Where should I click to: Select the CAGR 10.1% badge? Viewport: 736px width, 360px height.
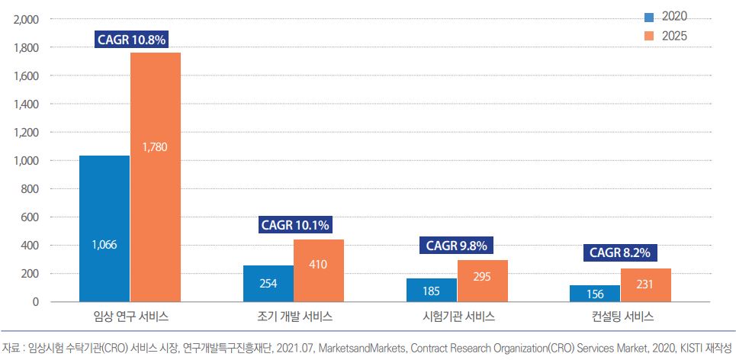(295, 225)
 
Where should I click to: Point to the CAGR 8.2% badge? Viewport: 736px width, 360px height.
(621, 253)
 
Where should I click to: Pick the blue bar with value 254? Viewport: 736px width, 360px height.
(268, 284)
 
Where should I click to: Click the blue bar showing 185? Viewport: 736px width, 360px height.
(432, 290)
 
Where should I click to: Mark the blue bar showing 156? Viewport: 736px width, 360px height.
(595, 294)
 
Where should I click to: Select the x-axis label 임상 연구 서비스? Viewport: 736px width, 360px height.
(130, 317)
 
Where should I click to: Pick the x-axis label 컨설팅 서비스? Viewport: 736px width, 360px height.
(621, 317)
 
